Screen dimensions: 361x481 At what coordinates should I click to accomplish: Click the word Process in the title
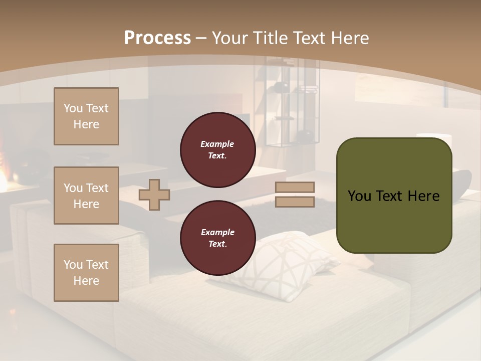(157, 38)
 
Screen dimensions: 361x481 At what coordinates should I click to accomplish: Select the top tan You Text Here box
(86, 116)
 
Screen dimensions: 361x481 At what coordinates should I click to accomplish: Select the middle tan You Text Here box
(86, 196)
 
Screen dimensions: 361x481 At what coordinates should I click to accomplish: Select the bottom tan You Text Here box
(86, 273)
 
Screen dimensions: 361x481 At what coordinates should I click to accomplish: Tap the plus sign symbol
(154, 195)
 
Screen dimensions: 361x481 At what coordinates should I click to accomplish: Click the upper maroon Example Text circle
(218, 150)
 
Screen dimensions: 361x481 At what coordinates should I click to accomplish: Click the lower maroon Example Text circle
(218, 238)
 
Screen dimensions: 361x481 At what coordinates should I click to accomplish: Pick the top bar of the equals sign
(295, 187)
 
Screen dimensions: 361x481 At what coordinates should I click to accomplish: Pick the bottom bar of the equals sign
(295, 202)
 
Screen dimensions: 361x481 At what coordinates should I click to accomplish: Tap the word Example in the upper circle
(217, 144)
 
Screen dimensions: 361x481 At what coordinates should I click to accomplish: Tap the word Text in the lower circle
(217, 244)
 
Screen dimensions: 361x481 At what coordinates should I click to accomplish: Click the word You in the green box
(359, 196)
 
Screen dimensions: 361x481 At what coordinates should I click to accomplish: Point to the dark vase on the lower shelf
(305, 135)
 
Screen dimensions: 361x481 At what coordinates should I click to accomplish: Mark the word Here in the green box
(423, 196)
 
